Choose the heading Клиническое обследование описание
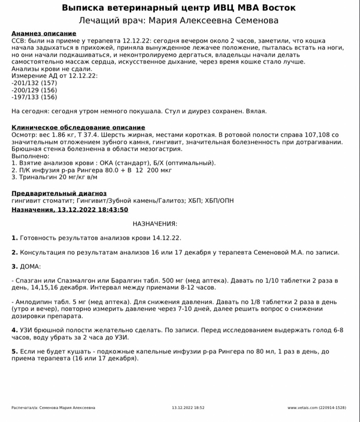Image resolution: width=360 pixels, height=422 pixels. click(78, 127)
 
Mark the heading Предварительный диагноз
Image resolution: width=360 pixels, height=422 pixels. click(59, 193)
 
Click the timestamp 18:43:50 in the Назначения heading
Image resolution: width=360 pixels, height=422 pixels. click(111, 210)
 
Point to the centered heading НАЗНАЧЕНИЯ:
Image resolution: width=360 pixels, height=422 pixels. click(155, 224)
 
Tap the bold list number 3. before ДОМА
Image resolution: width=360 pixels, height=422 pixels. click(14, 267)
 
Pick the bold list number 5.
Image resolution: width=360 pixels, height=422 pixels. click(14, 351)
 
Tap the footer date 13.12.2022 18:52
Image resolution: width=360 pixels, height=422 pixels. click(188, 408)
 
